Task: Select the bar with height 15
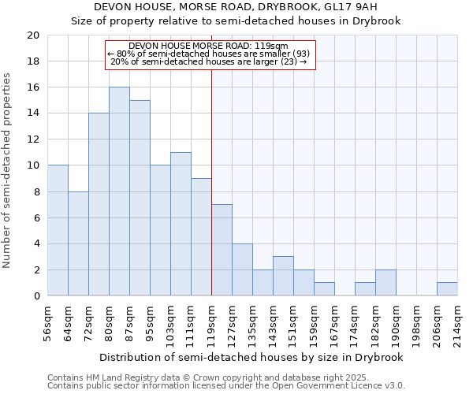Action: click(x=140, y=198)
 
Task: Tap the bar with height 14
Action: click(x=99, y=204)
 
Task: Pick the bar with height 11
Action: click(x=181, y=224)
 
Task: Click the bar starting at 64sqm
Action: click(x=78, y=243)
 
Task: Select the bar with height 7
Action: click(x=222, y=250)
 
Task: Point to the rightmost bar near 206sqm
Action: click(x=447, y=289)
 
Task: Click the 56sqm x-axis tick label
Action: click(x=47, y=323)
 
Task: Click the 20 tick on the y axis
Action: click(x=32, y=35)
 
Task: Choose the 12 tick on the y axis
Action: click(x=32, y=139)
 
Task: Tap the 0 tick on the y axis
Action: click(x=35, y=295)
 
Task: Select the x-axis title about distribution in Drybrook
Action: click(x=252, y=357)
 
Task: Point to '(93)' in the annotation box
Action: click(x=301, y=54)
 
